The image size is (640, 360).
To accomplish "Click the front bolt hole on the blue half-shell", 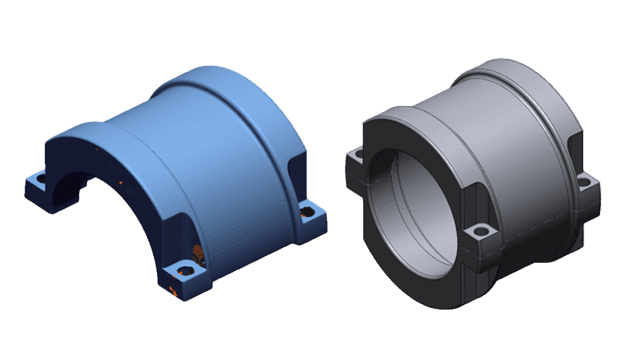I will coord(182,269).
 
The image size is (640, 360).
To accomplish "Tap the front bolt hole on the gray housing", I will coord(482,232).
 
